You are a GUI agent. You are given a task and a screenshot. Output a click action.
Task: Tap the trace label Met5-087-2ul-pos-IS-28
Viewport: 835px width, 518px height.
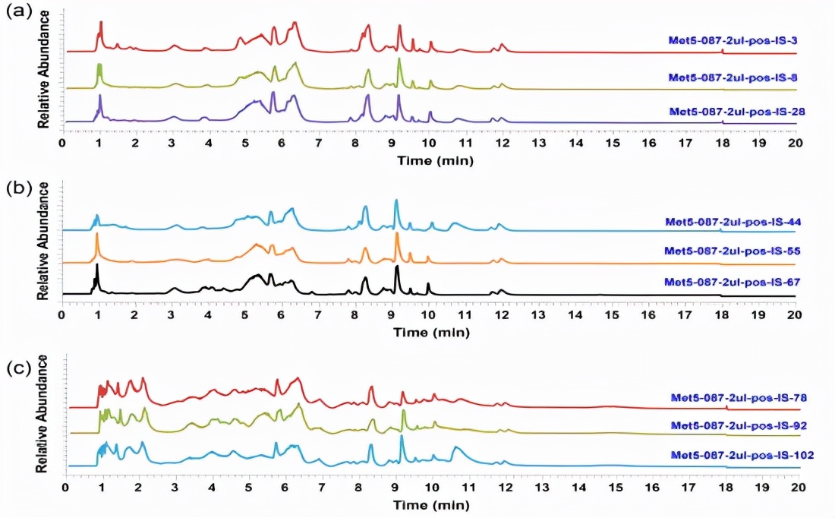click(737, 111)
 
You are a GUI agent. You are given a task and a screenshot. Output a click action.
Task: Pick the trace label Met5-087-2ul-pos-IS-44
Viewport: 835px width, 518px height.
click(733, 223)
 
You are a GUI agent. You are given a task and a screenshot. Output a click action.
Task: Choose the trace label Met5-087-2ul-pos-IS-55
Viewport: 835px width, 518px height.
click(731, 251)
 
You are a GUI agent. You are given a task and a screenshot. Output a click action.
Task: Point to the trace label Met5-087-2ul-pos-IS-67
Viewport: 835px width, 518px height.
click(733, 282)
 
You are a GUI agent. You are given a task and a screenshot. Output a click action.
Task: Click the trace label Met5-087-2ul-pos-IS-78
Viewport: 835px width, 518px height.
click(738, 397)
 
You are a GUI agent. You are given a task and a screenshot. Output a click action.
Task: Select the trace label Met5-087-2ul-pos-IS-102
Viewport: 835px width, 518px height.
click(742, 455)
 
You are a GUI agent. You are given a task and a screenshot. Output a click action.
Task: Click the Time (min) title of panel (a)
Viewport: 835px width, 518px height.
click(429, 160)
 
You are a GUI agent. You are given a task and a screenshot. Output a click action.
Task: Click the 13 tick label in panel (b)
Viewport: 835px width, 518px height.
click(539, 313)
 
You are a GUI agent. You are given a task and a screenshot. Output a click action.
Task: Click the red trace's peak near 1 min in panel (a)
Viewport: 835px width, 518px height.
click(100, 23)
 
